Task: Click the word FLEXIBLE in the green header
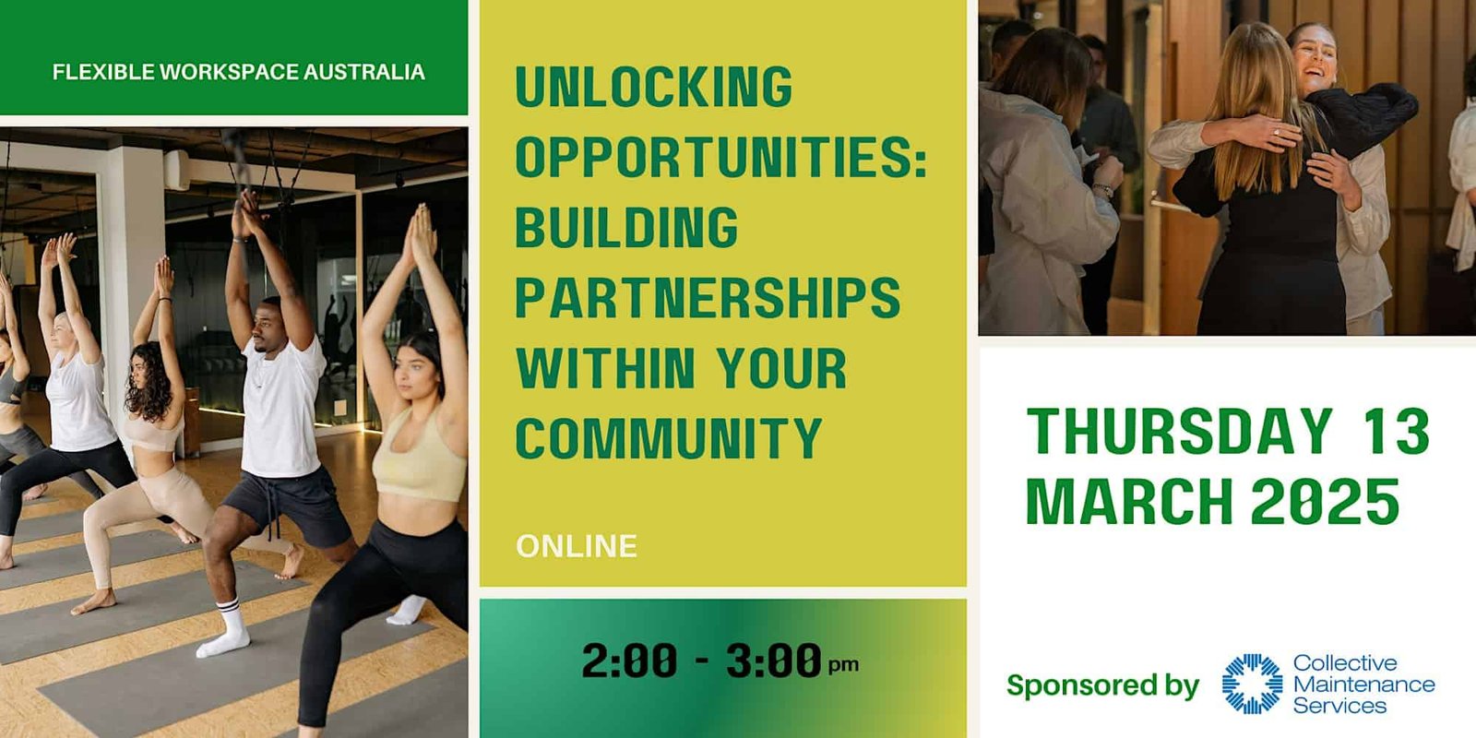coord(103,72)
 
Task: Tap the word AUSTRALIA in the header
coord(363,72)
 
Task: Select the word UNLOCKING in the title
coord(654,86)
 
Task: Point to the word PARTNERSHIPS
coord(708,297)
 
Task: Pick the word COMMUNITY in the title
coord(669,437)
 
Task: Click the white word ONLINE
coord(577,546)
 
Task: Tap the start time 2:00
coord(629,661)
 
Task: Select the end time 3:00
coord(774,661)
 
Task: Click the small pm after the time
coord(843,665)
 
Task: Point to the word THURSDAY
coord(1180,432)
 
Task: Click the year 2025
coord(1325,502)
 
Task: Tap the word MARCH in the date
coord(1129,502)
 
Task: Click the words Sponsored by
coord(1102,685)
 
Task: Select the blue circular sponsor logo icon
coord(1252,684)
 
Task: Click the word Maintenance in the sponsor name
coord(1363,684)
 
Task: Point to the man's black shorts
coord(290,504)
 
